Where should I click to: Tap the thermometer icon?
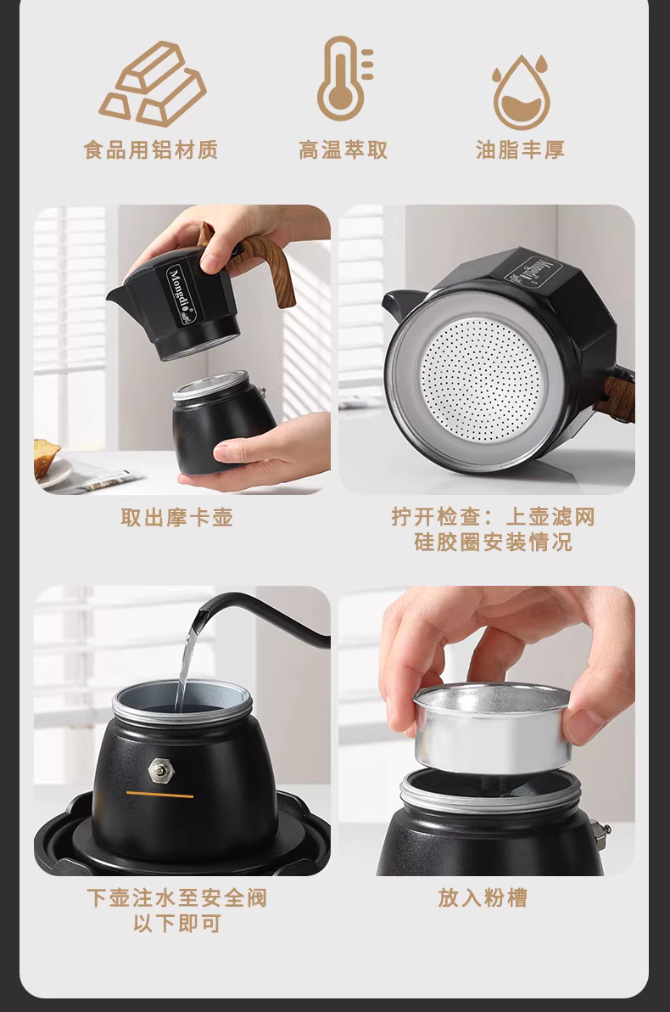(x=344, y=79)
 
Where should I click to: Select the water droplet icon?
(x=521, y=93)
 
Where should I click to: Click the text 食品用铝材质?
(x=151, y=149)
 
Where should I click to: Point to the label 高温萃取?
(x=343, y=149)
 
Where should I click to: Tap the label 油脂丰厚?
(x=521, y=149)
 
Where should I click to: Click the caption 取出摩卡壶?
(x=176, y=517)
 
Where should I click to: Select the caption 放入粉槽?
(x=483, y=897)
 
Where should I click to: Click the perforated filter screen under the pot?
(x=480, y=379)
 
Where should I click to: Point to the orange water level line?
(x=160, y=795)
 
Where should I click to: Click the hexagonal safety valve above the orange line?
(x=160, y=769)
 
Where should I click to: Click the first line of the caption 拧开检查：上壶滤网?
(x=493, y=517)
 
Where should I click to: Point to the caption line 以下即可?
(x=176, y=923)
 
